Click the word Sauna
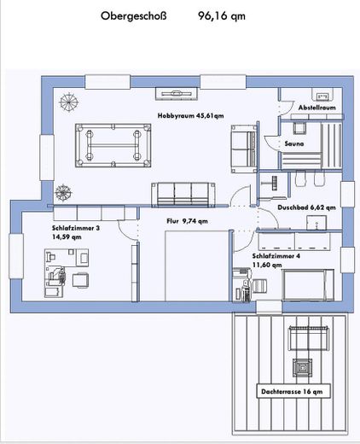293,145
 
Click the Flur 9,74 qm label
187,220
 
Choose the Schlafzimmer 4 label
276,255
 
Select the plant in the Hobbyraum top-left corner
66,102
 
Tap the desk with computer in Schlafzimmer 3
55,276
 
